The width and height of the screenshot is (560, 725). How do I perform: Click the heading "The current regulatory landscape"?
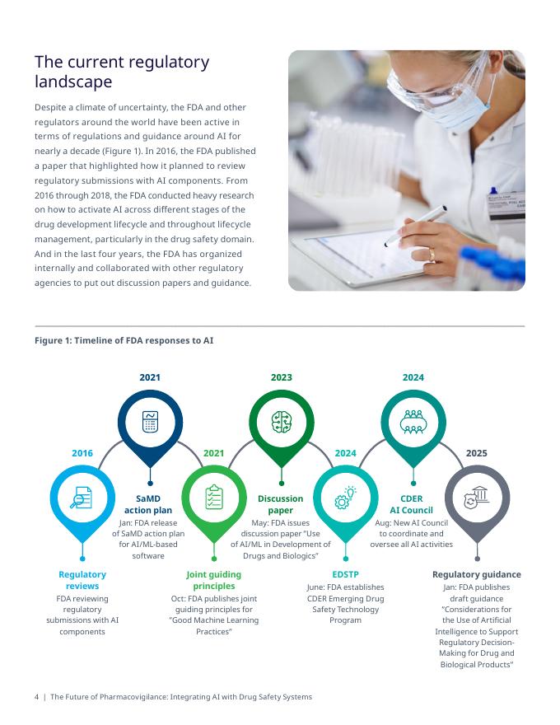[x=122, y=72]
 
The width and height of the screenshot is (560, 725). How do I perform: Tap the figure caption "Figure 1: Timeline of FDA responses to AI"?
[x=124, y=340]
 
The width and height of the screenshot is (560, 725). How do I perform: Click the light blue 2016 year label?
[x=82, y=453]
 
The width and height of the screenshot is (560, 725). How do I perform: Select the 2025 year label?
[x=476, y=453]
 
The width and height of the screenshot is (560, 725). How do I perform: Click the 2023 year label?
[x=282, y=377]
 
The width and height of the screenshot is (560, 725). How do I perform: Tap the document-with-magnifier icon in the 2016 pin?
[x=82, y=498]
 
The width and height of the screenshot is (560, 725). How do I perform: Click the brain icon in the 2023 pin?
[x=282, y=422]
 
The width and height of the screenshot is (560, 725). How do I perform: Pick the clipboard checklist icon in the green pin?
[x=214, y=497]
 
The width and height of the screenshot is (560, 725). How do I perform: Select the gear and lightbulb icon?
[x=345, y=498]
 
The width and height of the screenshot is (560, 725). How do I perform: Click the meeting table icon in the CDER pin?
[x=413, y=422]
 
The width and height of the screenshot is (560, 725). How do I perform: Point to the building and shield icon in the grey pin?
[x=476, y=498]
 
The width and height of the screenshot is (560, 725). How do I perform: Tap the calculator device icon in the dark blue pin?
[x=150, y=422]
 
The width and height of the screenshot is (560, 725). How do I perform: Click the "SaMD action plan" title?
[x=148, y=504]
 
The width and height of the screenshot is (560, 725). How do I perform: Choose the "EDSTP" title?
[x=345, y=574]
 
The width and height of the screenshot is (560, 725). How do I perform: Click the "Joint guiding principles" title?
[x=214, y=580]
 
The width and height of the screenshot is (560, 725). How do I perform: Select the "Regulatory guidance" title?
[x=476, y=574]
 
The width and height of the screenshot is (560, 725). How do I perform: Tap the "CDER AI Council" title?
[x=411, y=504]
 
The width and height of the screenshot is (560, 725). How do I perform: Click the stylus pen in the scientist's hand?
[x=415, y=226]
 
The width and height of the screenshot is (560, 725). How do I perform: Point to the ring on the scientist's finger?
[x=432, y=254]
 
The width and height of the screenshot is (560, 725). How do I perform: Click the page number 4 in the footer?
[x=36, y=697]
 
